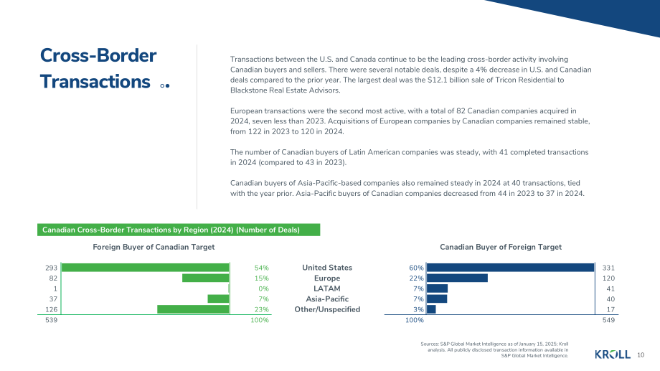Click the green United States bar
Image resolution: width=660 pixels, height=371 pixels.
point(145,268)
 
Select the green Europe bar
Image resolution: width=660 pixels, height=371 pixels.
point(205,278)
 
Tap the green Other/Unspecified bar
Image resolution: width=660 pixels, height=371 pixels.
point(193,309)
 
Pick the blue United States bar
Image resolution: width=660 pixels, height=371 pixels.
point(510,268)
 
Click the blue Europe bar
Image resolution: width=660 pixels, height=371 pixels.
point(457,278)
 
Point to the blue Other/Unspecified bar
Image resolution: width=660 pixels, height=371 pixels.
point(431,309)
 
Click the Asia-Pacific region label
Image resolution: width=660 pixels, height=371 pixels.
point(327,299)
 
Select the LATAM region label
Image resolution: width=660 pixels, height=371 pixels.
point(327,288)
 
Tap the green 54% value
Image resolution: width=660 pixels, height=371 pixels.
point(261,268)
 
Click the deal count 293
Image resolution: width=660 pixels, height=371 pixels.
point(52,268)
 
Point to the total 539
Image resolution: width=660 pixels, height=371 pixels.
point(52,320)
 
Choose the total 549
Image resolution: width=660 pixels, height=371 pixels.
point(608,320)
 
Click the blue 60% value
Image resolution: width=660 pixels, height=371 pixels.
point(416,268)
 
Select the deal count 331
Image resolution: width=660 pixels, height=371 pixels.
point(608,268)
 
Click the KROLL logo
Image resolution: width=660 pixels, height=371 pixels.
point(613,354)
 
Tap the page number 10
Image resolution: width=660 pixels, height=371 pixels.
point(641,355)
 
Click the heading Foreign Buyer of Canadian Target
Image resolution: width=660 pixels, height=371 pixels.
point(154,247)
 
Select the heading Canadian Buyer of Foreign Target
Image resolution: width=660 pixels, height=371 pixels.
point(501,247)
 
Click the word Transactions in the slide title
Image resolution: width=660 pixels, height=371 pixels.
point(95,82)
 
